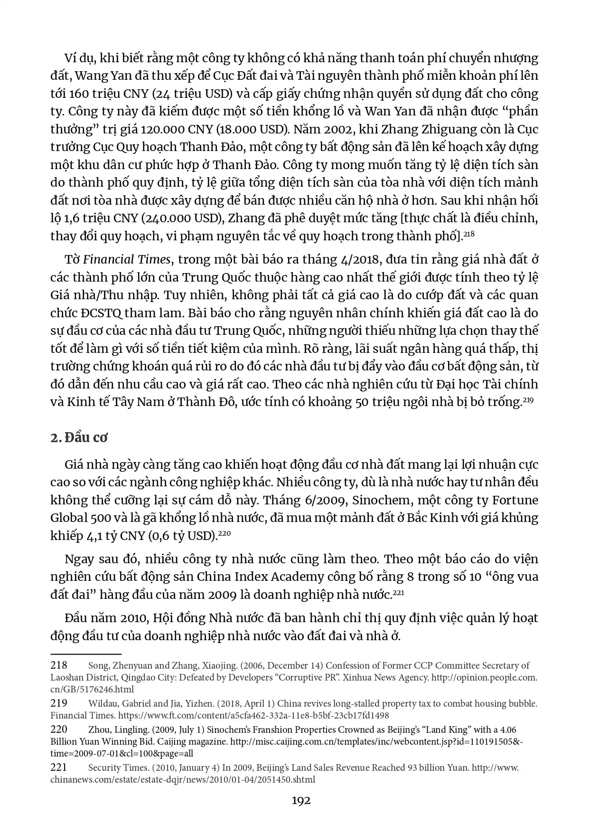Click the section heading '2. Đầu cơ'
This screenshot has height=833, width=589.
[x=79, y=437]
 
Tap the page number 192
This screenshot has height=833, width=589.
[x=301, y=801]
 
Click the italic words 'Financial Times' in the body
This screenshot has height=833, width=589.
[x=126, y=260]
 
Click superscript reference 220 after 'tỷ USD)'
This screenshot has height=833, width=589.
[x=224, y=533]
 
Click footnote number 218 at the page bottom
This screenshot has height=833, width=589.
[x=59, y=665]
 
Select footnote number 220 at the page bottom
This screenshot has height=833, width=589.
[x=59, y=729]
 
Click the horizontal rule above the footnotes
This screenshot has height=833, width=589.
[x=86, y=654]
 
